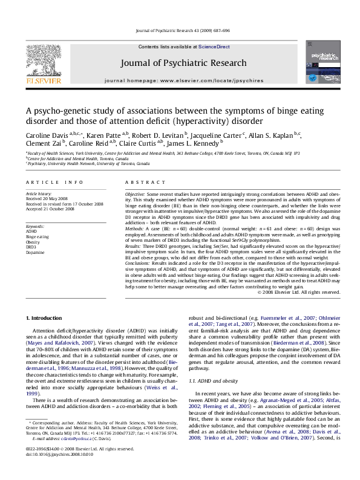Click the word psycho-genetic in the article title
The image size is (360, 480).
click(x=57, y=110)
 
